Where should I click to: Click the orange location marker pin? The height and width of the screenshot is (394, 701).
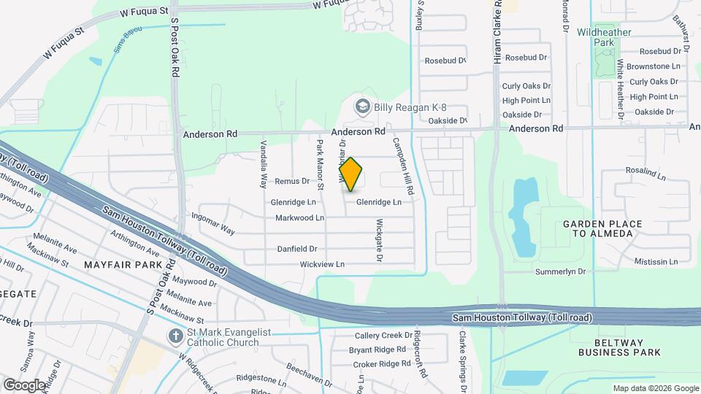pyautogui.click(x=351, y=174)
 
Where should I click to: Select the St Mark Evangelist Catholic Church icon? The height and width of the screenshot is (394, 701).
pyautogui.click(x=175, y=337)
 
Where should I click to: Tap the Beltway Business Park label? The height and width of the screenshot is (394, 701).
pyautogui.click(x=619, y=347)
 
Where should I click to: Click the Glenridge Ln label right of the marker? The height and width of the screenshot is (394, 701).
pyautogui.click(x=379, y=202)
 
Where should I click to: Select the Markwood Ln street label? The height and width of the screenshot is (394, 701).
pyautogui.click(x=299, y=218)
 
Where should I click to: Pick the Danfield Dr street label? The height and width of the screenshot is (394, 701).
pyautogui.click(x=296, y=249)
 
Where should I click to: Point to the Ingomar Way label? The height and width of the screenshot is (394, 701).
pyautogui.click(x=212, y=222)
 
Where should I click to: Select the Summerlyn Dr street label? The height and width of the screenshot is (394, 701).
pyautogui.click(x=562, y=271)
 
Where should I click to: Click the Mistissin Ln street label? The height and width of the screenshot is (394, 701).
pyautogui.click(x=656, y=261)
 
